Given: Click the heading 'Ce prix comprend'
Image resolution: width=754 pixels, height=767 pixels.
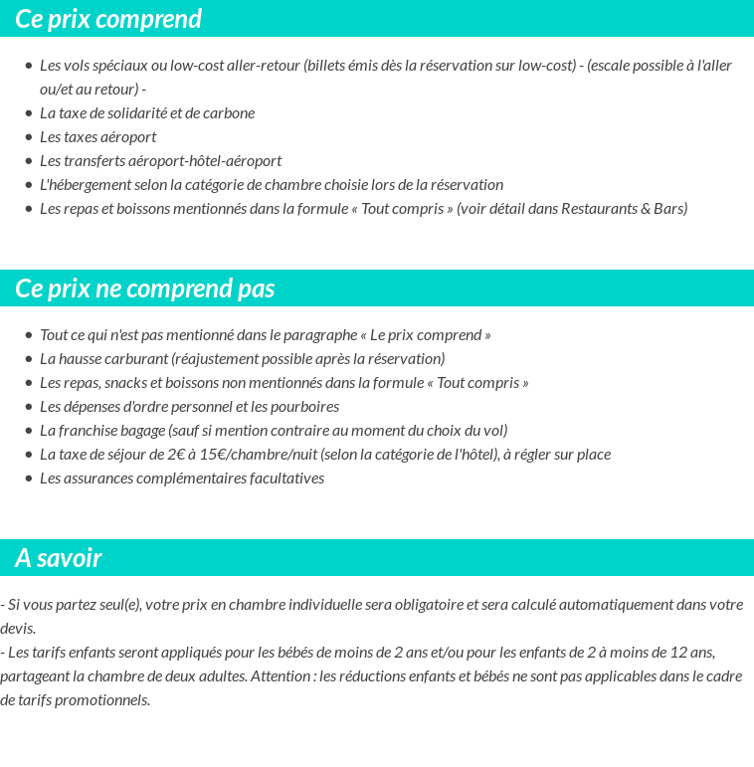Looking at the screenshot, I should tap(108, 19).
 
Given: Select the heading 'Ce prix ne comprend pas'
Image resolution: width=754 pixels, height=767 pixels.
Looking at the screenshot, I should tap(145, 288).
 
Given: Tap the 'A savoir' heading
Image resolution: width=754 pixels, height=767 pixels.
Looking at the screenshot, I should tap(59, 558).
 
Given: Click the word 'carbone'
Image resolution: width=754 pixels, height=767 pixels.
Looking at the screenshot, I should tap(229, 112).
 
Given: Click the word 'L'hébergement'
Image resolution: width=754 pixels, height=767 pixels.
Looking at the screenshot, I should tap(86, 184).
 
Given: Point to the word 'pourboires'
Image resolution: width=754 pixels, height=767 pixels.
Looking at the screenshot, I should tap(304, 406).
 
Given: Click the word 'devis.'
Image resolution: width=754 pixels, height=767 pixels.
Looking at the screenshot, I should tap(18, 629).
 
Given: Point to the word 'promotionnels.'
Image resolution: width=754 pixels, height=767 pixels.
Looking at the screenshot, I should tap(103, 700).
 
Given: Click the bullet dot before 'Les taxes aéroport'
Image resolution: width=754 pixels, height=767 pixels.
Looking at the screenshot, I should tap(29, 137).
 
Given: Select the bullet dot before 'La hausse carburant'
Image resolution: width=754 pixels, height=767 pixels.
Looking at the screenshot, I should tap(29, 359).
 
